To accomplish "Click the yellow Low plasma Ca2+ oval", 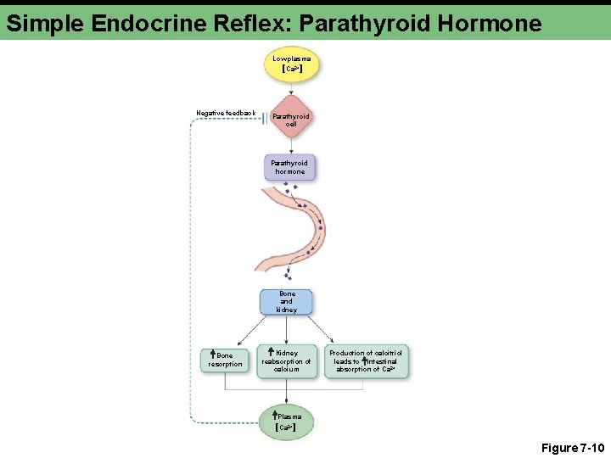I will pos(291,64).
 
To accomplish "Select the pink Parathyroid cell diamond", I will pos(291,119).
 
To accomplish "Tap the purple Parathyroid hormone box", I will pos(289,167).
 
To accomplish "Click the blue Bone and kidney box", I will pos(286,302).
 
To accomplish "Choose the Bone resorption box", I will pos(225,360).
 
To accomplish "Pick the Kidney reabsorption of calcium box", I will pos(286,360).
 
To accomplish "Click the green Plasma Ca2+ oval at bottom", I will pos(288,422).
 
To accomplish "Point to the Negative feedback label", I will pos(226,113).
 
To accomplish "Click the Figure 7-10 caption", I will pos(571,447).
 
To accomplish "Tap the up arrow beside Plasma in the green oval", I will pos(273,416).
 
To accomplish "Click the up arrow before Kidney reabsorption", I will pos(270,352).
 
